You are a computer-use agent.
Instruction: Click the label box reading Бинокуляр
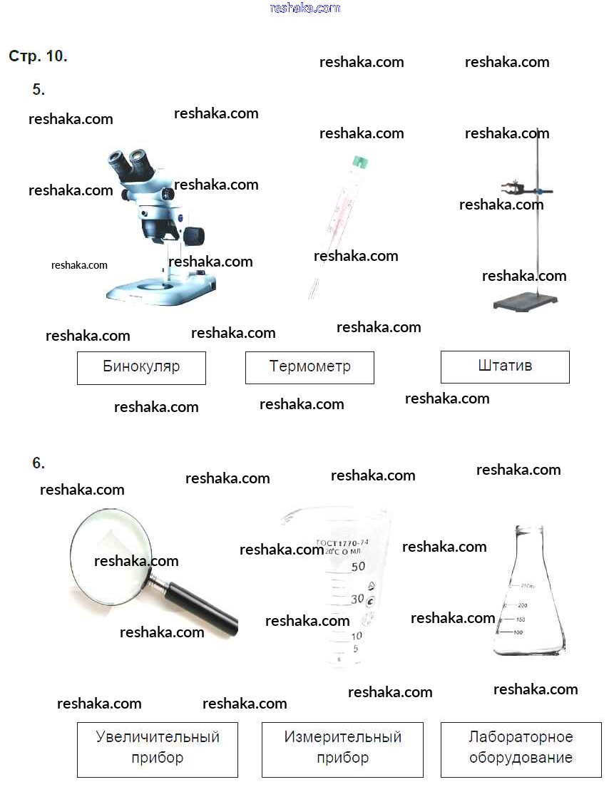141,368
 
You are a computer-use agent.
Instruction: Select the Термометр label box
309,368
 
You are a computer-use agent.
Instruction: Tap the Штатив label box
505,367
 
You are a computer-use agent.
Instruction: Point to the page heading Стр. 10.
38,56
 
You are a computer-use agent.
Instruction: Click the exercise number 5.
39,90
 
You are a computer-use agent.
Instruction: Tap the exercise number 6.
39,463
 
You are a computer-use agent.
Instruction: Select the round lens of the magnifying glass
111,556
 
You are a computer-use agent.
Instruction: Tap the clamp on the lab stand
515,189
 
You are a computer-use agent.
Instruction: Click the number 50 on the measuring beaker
357,567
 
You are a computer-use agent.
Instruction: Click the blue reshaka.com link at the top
305,8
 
